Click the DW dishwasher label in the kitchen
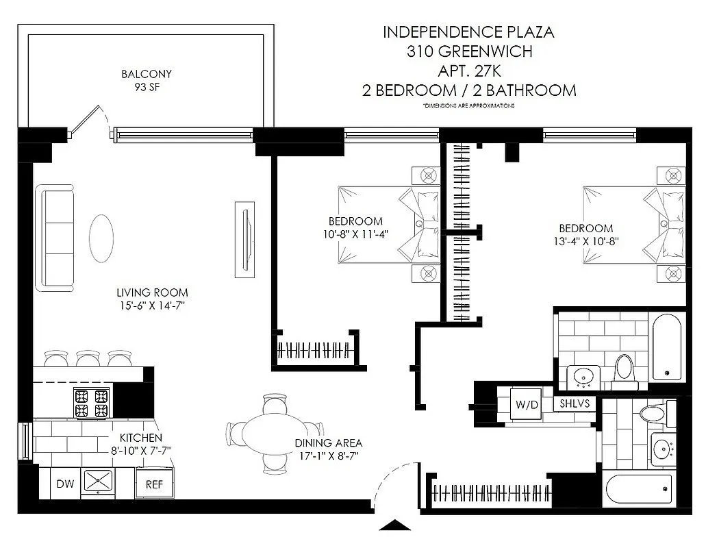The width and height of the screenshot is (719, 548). (x=65, y=484)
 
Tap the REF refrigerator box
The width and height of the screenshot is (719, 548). (x=154, y=484)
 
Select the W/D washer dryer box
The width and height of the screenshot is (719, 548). (x=527, y=405)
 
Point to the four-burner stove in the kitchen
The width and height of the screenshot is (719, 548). (x=92, y=403)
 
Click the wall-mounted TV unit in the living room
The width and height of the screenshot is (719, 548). (x=245, y=238)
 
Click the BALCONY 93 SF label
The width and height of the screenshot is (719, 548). (x=146, y=80)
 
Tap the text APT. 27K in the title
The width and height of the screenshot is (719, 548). (x=468, y=71)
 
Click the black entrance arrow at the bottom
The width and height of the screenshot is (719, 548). (x=394, y=525)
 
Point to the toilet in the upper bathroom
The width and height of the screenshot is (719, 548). (x=624, y=368)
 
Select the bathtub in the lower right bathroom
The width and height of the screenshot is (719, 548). (x=638, y=488)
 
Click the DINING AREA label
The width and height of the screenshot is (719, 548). (x=328, y=443)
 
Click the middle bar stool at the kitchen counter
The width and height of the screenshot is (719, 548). (x=88, y=358)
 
